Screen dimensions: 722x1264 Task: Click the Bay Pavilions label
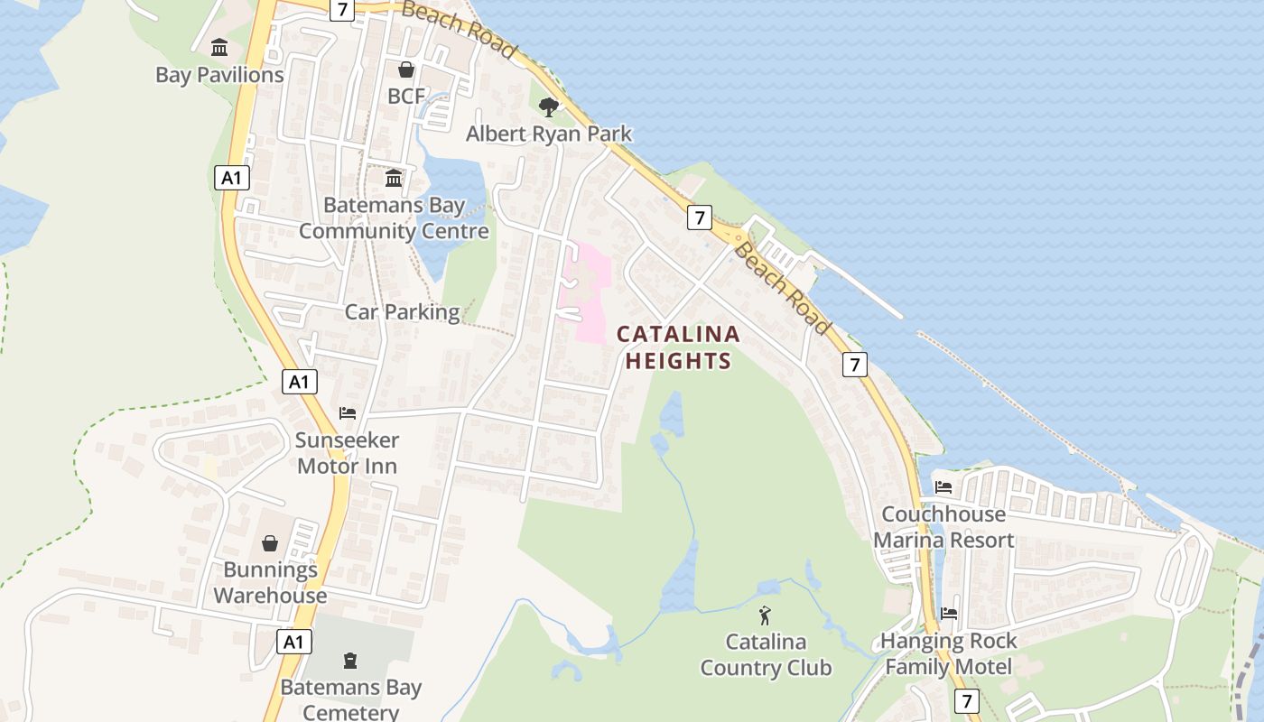219,75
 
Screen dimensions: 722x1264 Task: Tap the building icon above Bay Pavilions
219,47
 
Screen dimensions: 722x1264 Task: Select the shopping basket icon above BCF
406,69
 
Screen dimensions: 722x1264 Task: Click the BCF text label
406,96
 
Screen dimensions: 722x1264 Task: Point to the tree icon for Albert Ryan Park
548,107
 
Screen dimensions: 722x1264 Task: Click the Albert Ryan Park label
549,134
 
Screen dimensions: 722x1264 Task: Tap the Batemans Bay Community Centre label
394,218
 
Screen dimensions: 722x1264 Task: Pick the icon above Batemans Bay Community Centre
394,179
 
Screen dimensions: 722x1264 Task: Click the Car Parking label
402,312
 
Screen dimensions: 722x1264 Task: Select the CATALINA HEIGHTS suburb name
678,347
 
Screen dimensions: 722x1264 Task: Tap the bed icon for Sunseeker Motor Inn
348,414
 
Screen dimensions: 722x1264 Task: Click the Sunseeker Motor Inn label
347,454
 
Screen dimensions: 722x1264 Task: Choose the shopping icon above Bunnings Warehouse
269,543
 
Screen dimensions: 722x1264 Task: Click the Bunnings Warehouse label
270,583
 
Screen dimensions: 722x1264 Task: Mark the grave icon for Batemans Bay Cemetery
350,662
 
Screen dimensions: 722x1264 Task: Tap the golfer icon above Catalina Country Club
766,616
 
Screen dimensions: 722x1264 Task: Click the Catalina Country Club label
766,655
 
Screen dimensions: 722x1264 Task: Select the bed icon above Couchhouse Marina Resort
943,487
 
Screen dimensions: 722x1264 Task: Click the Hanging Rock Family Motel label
949,654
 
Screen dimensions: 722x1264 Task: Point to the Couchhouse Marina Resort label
943,527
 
